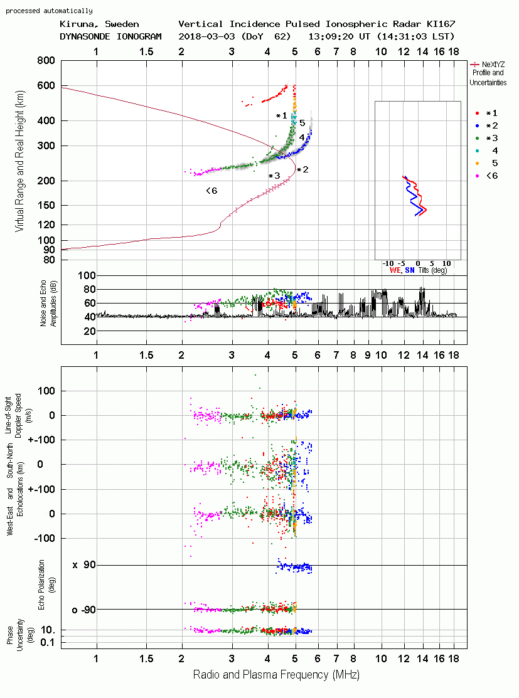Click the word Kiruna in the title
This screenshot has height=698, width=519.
(75, 24)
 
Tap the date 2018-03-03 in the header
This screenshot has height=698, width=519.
(206, 36)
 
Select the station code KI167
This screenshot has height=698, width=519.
(441, 24)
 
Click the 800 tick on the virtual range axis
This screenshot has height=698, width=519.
(46, 61)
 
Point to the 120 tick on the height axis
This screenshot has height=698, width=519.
(46, 225)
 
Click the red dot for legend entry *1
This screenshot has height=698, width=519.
(477, 114)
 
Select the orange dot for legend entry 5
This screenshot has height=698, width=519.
(477, 164)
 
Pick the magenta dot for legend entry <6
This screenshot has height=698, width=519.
(477, 176)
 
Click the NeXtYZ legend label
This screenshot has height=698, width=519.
(493, 65)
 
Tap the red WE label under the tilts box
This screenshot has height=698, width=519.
(395, 270)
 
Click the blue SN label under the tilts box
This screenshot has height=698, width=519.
(409, 270)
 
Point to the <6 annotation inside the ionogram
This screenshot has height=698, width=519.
(211, 191)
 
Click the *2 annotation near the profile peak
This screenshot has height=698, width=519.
(302, 169)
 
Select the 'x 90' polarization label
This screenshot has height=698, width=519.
(84, 565)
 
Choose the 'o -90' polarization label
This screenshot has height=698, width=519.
(83, 610)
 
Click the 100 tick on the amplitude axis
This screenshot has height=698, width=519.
(87, 275)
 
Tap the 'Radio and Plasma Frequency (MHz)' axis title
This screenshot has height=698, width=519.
(276, 675)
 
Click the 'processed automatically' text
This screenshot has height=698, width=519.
(49, 11)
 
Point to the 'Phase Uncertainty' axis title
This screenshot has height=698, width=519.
(14, 635)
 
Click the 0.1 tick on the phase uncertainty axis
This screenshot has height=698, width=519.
(48, 642)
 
